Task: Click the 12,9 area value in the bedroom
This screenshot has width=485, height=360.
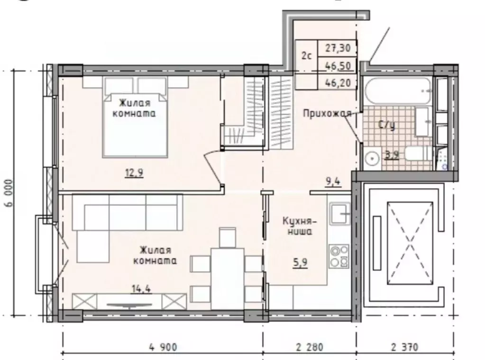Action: [134, 173]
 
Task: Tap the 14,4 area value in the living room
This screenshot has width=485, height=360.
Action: [141, 289]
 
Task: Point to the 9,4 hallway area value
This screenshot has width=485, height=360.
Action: [333, 181]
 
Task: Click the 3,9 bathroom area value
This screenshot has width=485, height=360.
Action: [391, 154]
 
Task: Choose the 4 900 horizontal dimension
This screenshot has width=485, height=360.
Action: [163, 347]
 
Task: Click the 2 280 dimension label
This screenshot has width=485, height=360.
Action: [310, 347]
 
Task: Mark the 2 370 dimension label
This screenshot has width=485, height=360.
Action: [404, 347]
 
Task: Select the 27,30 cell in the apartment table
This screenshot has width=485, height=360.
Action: [338, 48]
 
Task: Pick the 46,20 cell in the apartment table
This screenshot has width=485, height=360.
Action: [338, 82]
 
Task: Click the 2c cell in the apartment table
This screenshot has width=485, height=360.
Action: [307, 56]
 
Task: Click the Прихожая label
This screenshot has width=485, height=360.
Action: [327, 113]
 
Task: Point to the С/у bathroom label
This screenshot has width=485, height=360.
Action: [387, 125]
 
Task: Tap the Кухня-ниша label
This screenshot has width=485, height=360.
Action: [300, 226]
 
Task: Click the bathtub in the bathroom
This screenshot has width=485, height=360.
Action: [397, 91]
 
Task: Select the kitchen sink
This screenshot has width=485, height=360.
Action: [339, 213]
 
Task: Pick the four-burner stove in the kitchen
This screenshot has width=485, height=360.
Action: [339, 256]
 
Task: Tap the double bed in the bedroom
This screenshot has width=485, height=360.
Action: [135, 117]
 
